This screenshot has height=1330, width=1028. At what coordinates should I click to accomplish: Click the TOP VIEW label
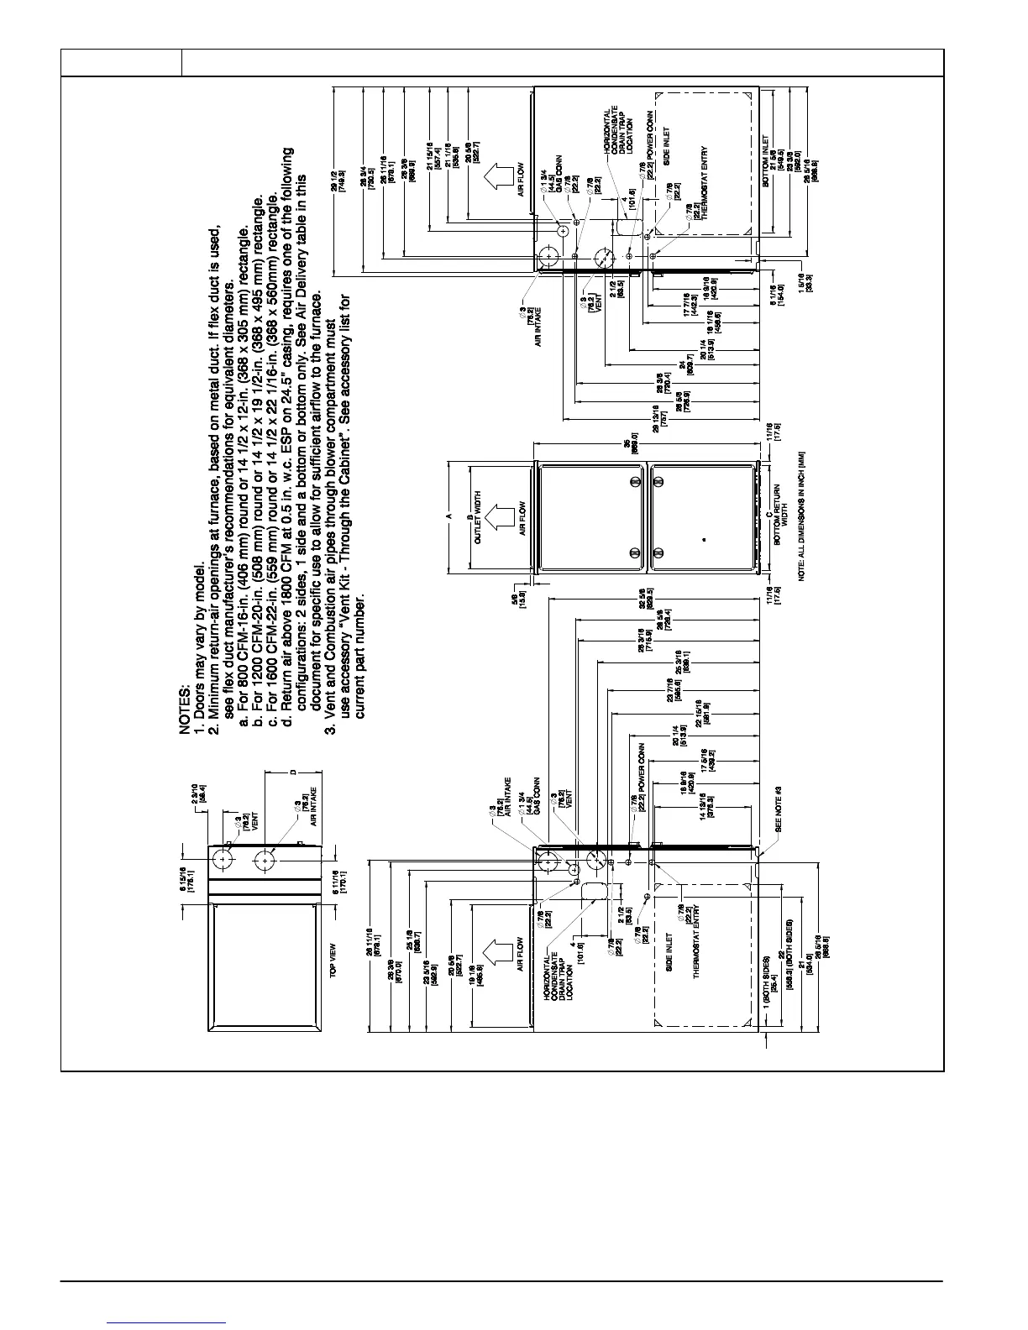[x=333, y=959]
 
